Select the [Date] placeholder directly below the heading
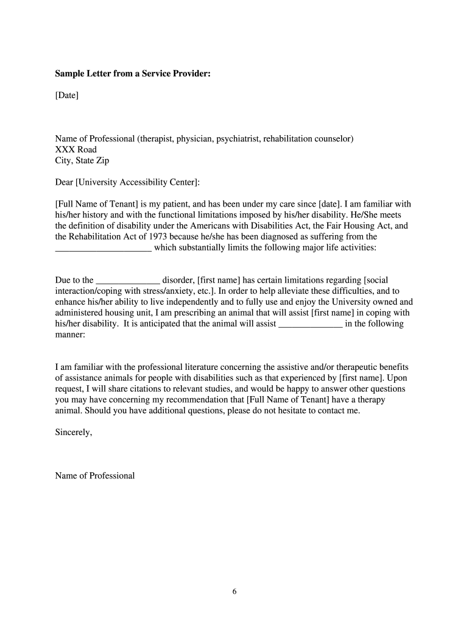(67, 95)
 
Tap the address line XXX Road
(76, 149)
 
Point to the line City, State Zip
(82, 160)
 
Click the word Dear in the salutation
(64, 182)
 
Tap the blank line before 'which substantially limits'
(103, 247)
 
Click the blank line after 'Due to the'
(128, 280)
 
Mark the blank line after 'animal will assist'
(310, 324)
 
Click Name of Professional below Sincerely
(94, 475)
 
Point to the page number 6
(234, 591)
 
